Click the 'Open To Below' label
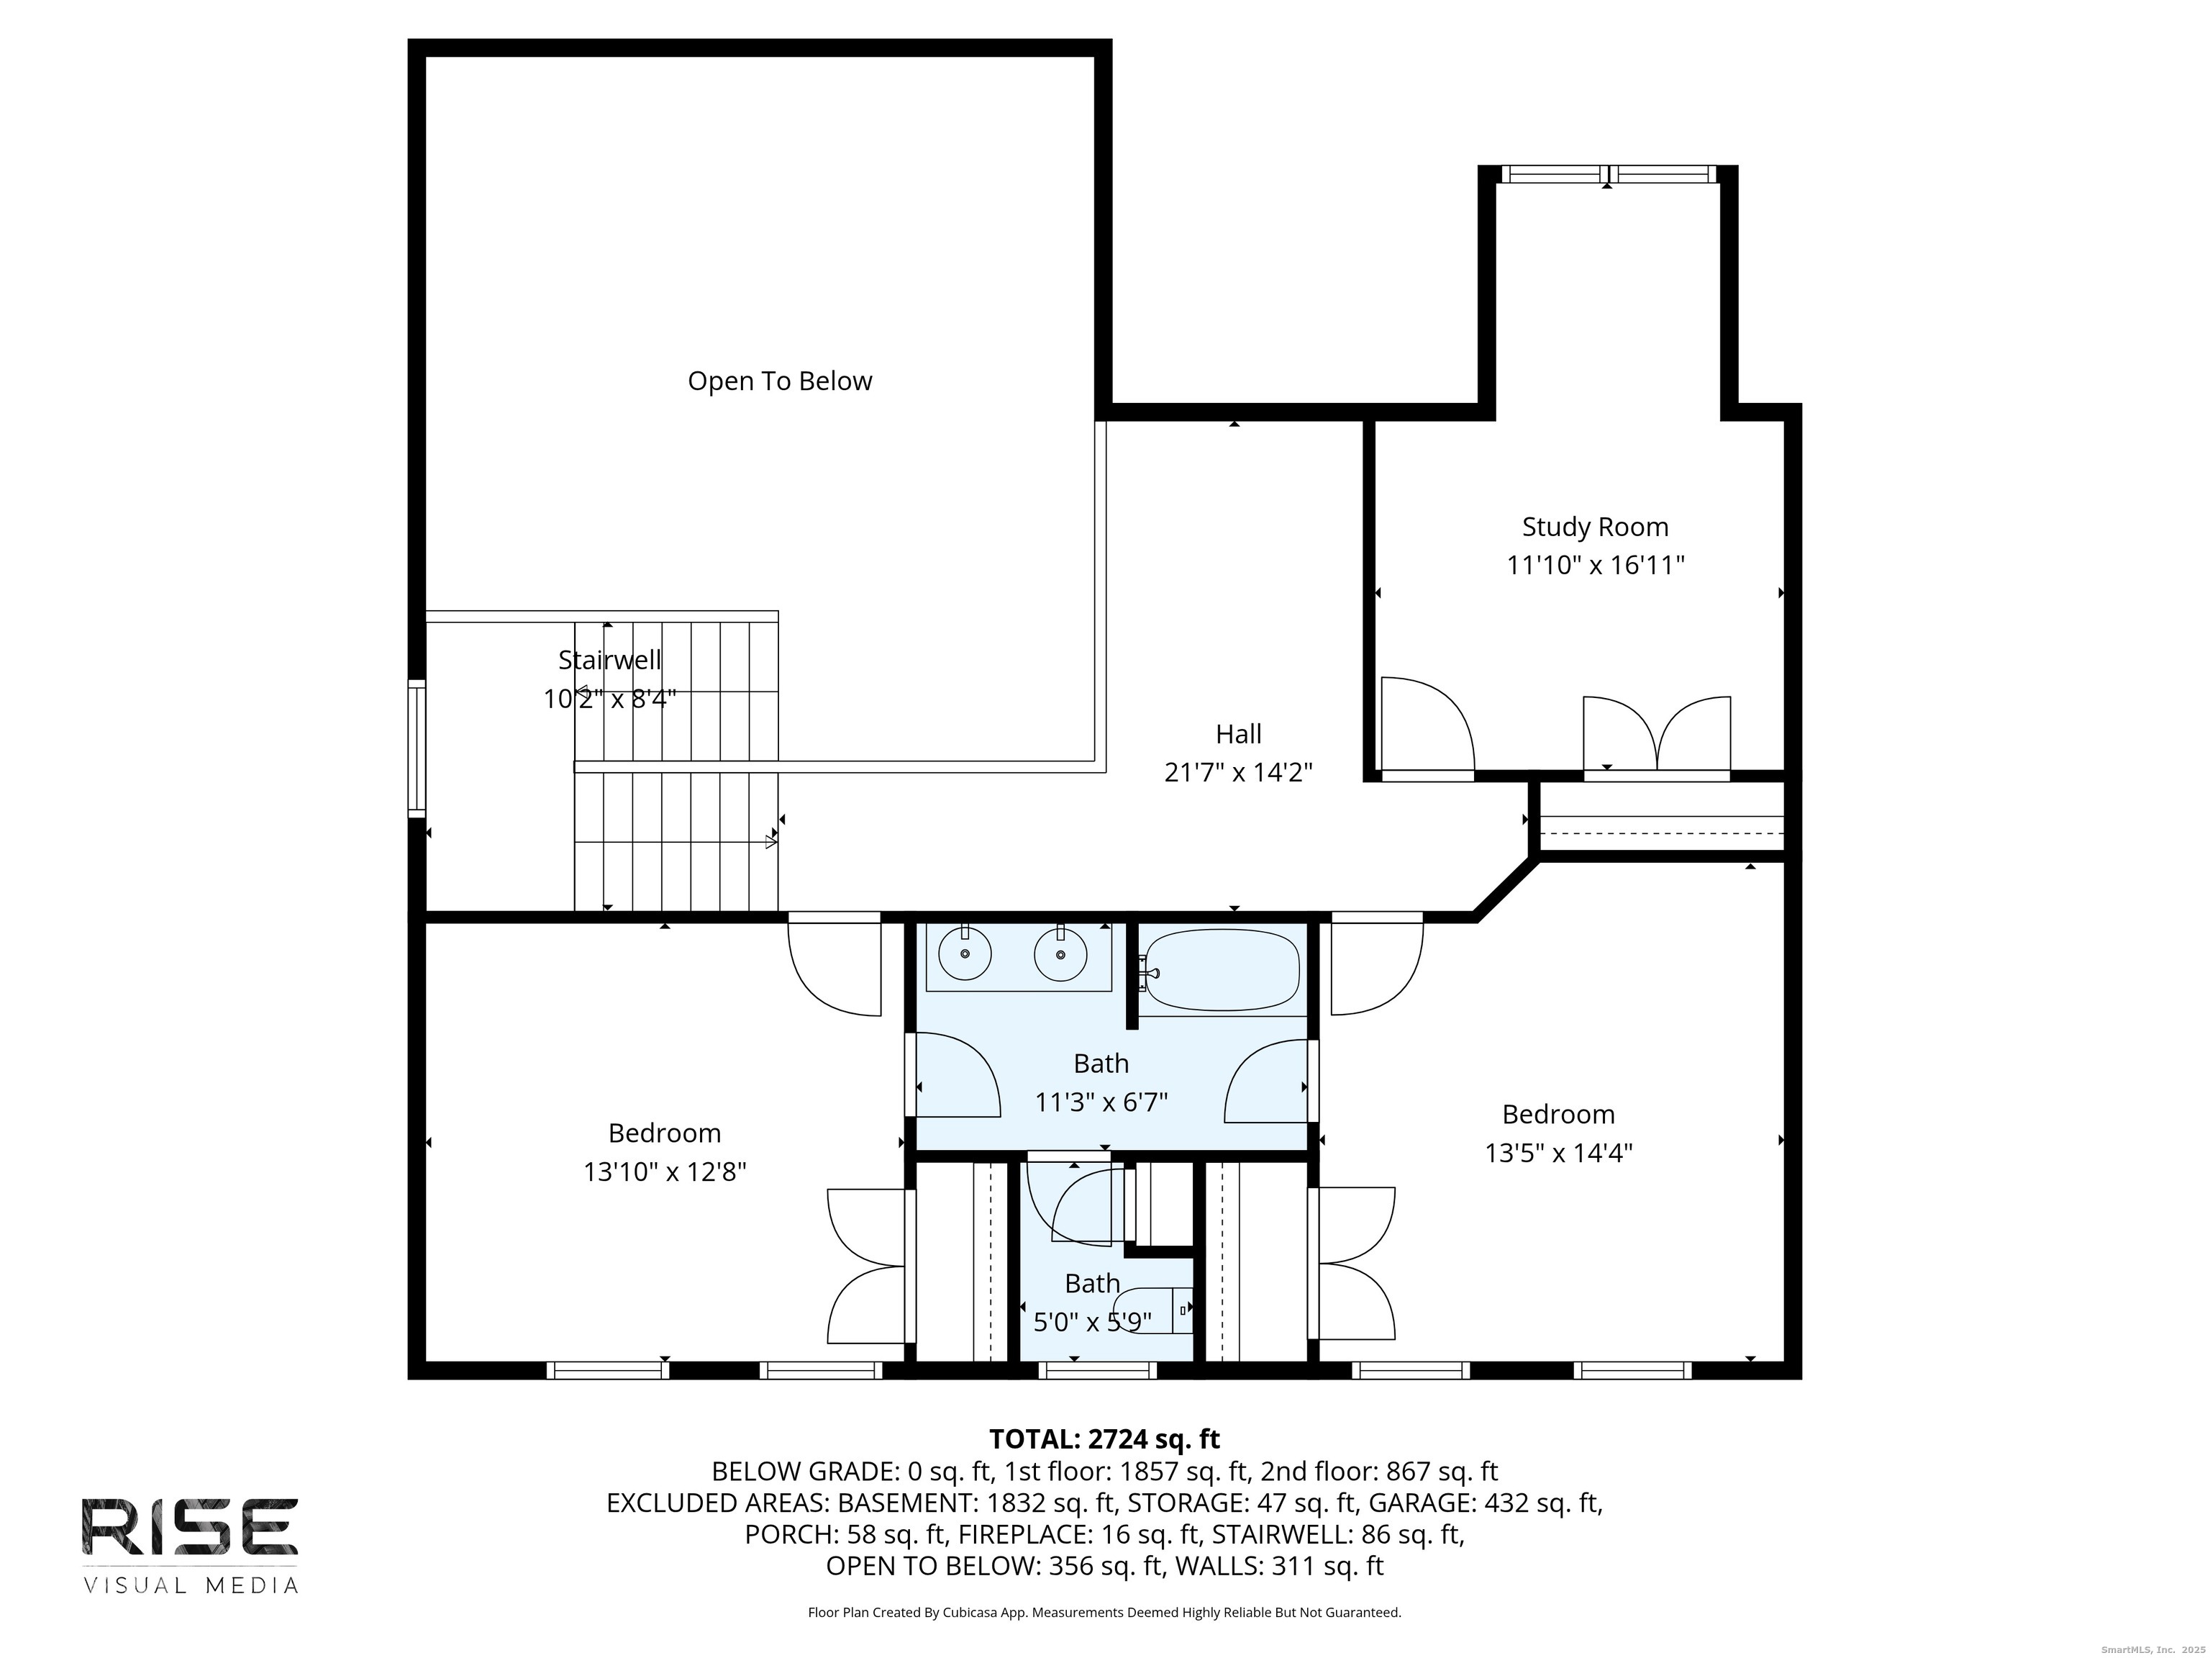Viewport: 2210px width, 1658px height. coord(779,381)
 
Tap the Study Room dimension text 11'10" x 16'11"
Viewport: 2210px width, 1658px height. coord(1596,566)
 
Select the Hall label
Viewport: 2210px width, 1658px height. coord(1238,733)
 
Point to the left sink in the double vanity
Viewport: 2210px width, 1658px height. coord(966,954)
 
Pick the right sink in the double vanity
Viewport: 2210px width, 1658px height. coord(1060,954)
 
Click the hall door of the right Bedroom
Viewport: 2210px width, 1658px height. coord(1375,964)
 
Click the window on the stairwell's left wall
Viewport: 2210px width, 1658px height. coord(417,748)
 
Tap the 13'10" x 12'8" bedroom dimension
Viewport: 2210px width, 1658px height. coord(665,1172)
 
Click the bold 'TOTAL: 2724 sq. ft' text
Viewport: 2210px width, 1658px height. coord(1104,1439)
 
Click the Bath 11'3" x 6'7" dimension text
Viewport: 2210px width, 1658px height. coord(1101,1102)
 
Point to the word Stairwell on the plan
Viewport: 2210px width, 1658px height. coord(609,660)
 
